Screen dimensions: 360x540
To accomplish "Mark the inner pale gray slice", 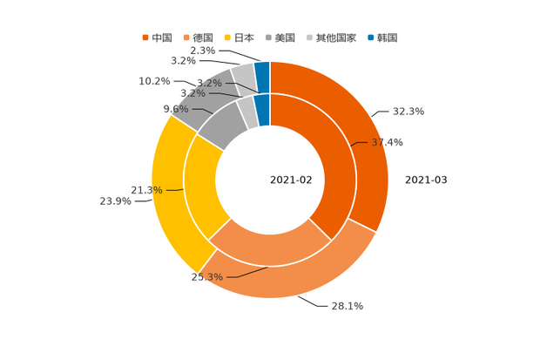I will [x=247, y=112].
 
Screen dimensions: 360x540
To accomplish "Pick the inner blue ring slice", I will [x=261, y=110].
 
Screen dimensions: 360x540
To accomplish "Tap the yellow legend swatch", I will [x=228, y=37].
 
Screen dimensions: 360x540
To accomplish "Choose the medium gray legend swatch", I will [x=270, y=37].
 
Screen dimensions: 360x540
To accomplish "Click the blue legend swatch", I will [x=371, y=37].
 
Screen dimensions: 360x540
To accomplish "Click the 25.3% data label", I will [x=207, y=277].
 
